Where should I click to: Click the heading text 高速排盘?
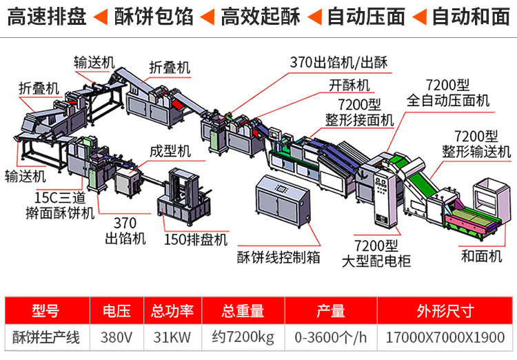pos(46,17)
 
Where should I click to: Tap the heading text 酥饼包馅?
pos(154,17)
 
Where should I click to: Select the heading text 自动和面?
pos(471,17)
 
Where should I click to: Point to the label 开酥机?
pos(349,86)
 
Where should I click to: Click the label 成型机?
pos(170,152)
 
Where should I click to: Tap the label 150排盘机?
pos(196,239)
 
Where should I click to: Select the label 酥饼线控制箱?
pos(278,257)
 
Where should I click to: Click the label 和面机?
pos(481,257)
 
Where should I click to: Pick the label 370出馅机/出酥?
pos(338,62)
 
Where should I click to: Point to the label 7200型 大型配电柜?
pos(376,253)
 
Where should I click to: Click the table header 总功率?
pos(172,311)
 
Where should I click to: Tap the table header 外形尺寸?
pos(445,311)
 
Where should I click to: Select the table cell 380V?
pos(116,337)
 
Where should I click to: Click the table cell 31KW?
pos(172,337)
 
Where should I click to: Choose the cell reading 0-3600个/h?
pos(331,337)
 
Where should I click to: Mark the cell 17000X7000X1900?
pos(445,337)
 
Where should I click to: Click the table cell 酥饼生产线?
pos(46,337)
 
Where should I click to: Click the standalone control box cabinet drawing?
pos(282,201)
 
